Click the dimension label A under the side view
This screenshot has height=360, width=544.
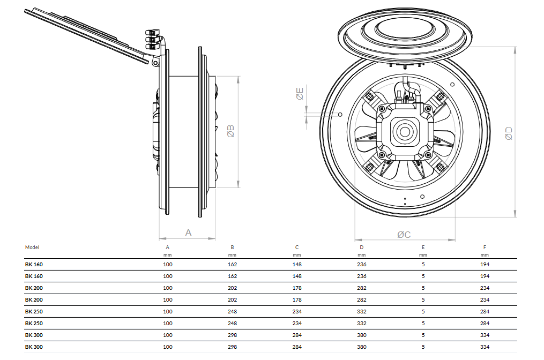[x=188, y=232]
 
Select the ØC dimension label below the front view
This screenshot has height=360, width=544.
[x=404, y=235]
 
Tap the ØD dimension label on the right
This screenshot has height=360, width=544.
[x=509, y=133]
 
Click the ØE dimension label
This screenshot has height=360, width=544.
[x=300, y=94]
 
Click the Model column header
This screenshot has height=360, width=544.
[x=32, y=247]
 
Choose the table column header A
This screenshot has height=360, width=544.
[x=168, y=247]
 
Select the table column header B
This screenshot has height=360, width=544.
[x=232, y=247]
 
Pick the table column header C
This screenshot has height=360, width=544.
[x=297, y=247]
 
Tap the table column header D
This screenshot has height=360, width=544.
[x=362, y=247]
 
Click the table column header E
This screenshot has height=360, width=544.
[x=423, y=247]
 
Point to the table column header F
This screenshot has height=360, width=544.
[x=485, y=247]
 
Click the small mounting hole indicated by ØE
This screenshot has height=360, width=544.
[x=340, y=114]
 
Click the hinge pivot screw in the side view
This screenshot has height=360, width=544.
[x=155, y=63]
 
